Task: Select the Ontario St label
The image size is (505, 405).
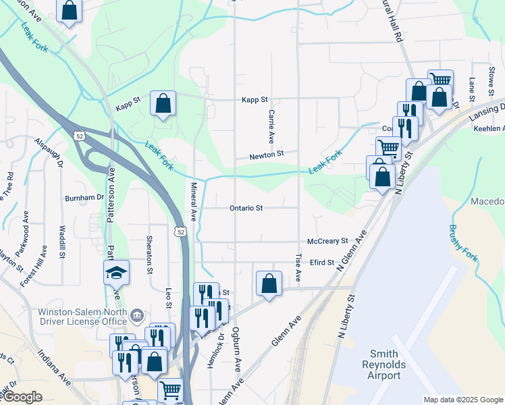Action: [246, 209]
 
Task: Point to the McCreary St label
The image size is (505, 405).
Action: [327, 241]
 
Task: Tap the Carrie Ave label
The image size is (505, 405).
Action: [271, 126]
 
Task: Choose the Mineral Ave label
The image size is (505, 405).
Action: [193, 202]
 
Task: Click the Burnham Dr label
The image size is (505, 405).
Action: [83, 198]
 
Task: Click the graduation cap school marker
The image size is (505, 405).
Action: [116, 273]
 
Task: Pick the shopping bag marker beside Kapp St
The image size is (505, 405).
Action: [163, 104]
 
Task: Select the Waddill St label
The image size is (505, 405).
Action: [61, 242]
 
